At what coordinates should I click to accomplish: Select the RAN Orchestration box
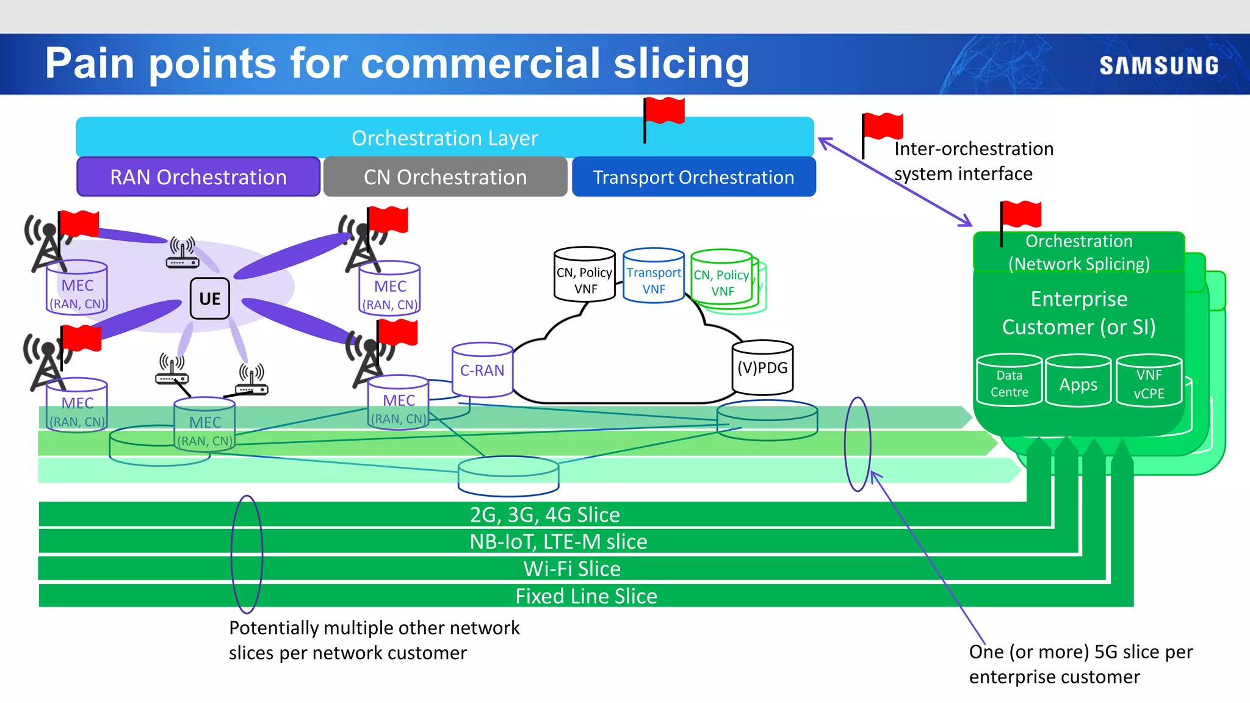tap(198, 177)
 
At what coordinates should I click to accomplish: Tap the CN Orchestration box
tap(445, 177)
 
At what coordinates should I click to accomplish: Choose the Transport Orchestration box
tap(693, 177)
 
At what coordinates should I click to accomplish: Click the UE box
tap(209, 298)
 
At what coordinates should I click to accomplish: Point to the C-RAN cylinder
tap(482, 370)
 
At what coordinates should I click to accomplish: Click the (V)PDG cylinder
tap(762, 367)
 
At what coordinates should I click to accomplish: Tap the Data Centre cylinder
tap(1009, 381)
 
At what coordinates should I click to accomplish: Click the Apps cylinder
tap(1078, 383)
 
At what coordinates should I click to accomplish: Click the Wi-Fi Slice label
tap(572, 569)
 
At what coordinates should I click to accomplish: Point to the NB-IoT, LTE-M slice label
tap(558, 541)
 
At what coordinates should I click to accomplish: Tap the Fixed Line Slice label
tap(586, 596)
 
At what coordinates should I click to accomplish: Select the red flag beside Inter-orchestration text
tap(882, 127)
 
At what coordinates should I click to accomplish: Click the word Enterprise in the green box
tap(1078, 299)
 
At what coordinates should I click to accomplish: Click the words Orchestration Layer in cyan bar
tap(445, 138)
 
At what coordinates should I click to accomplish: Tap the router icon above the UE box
tap(182, 253)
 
